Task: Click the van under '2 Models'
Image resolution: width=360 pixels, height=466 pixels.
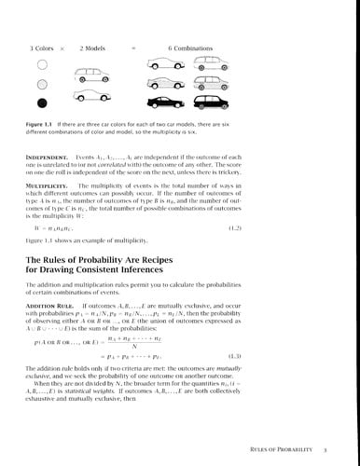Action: click(x=94, y=99)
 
